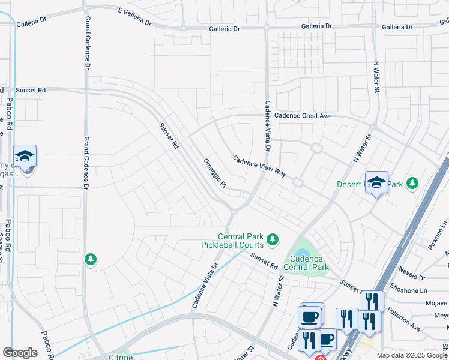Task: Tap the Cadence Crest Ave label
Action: click(302, 116)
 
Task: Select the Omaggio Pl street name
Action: click(214, 173)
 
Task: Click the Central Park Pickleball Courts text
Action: click(240, 241)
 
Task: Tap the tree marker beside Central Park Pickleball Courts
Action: click(273, 240)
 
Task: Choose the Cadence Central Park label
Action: click(306, 263)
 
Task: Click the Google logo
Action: click(20, 353)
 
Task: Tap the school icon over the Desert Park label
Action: click(376, 182)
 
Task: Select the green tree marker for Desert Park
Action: click(412, 182)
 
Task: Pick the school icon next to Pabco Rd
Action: click(25, 157)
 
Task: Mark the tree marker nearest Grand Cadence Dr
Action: click(91, 259)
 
